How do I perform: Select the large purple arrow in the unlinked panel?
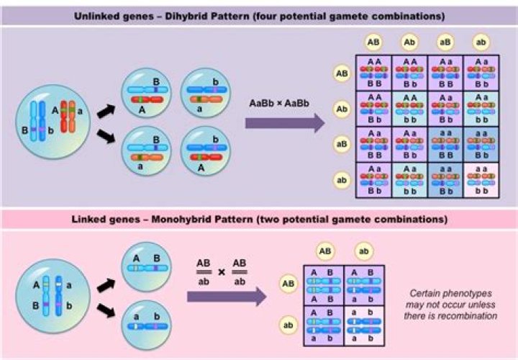click(284, 123)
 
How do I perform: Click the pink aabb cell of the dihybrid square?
click(481, 180)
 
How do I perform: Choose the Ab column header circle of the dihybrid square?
click(409, 43)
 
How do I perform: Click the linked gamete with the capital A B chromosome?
click(146, 266)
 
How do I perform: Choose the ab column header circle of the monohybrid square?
click(364, 251)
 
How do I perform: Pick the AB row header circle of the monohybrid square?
click(288, 284)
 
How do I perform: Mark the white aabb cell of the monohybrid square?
click(364, 324)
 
